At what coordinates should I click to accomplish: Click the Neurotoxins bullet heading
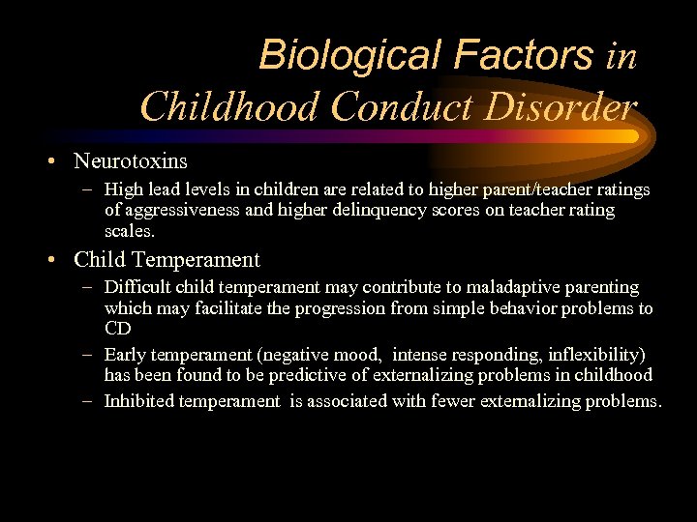pyautogui.click(x=131, y=160)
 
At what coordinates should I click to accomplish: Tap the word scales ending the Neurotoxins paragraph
pyautogui.click(x=128, y=230)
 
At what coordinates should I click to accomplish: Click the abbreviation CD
pyautogui.click(x=118, y=329)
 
